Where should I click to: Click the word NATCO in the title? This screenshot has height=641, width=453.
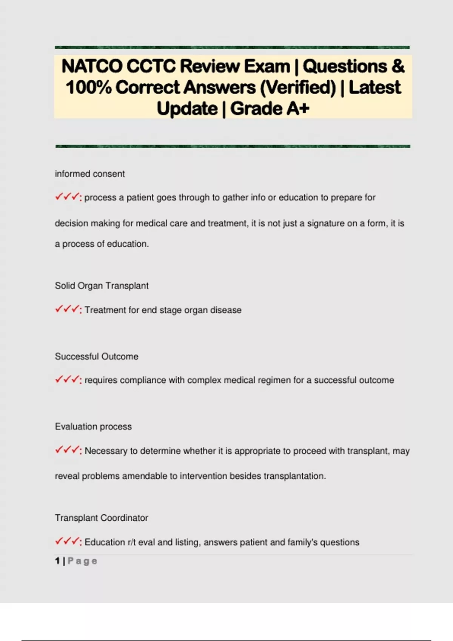92,66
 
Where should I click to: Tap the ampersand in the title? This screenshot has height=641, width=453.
398,66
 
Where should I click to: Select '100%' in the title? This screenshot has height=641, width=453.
89,87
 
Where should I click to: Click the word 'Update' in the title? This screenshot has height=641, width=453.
187,109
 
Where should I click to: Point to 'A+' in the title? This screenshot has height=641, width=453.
298,109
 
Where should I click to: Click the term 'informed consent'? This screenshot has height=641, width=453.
90,174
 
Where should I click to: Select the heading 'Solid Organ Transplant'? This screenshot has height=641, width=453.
102,286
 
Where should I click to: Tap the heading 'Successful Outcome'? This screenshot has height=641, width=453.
97,356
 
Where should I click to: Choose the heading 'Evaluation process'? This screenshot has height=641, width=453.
93,426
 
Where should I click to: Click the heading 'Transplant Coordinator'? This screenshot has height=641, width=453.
102,518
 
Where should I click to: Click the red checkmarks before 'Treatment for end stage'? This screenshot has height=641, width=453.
68,310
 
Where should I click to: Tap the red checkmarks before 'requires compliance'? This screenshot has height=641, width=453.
68,380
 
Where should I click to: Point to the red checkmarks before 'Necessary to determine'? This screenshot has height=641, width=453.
68,450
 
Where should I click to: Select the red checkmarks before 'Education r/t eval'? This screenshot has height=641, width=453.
68,541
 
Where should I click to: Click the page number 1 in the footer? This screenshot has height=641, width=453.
57,561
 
